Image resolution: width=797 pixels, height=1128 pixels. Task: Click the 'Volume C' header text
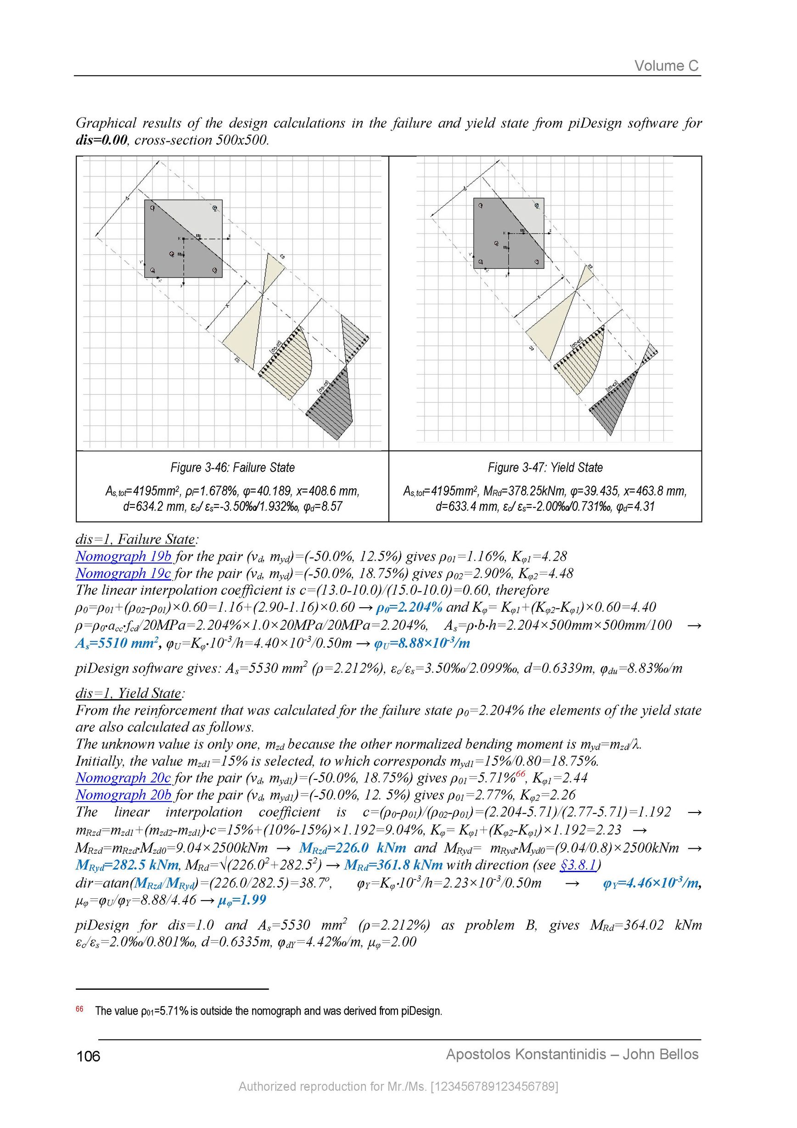click(x=666, y=66)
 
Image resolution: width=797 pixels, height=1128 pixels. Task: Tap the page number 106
click(x=89, y=1056)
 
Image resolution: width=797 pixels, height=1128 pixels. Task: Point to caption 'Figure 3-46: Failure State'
click(x=232, y=467)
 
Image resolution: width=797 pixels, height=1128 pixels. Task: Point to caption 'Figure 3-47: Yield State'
click(x=545, y=467)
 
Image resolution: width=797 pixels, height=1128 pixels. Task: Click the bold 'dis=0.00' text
click(x=101, y=141)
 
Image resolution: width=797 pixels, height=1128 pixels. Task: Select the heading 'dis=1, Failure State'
click(x=135, y=540)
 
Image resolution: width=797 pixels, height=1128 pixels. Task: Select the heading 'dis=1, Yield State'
click(x=128, y=693)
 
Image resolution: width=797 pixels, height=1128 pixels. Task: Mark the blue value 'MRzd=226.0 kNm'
click(x=353, y=847)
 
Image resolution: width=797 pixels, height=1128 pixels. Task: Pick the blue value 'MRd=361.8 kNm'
click(x=393, y=865)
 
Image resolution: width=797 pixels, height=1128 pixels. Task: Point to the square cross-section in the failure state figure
click(x=183, y=238)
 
